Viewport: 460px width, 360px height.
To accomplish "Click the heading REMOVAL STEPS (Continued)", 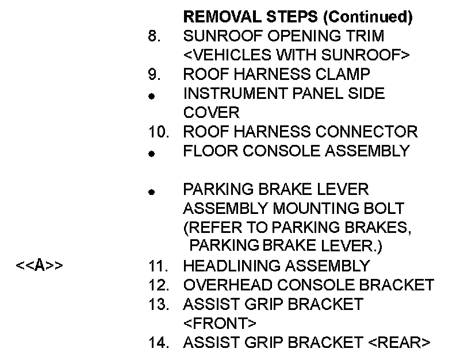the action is (297, 17).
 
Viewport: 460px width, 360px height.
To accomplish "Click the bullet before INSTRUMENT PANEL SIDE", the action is (151, 97).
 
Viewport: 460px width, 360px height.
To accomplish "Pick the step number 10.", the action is (158, 132).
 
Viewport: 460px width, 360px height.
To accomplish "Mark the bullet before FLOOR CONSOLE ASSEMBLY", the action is (151, 154).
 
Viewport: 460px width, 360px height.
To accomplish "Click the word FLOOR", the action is (206, 151).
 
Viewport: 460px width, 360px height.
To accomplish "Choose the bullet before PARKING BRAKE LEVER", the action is (151, 193).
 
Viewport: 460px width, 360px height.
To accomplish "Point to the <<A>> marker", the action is (40, 266).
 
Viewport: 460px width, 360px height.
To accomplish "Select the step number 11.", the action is (158, 266).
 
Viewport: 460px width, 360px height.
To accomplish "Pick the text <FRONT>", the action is (220, 323).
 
